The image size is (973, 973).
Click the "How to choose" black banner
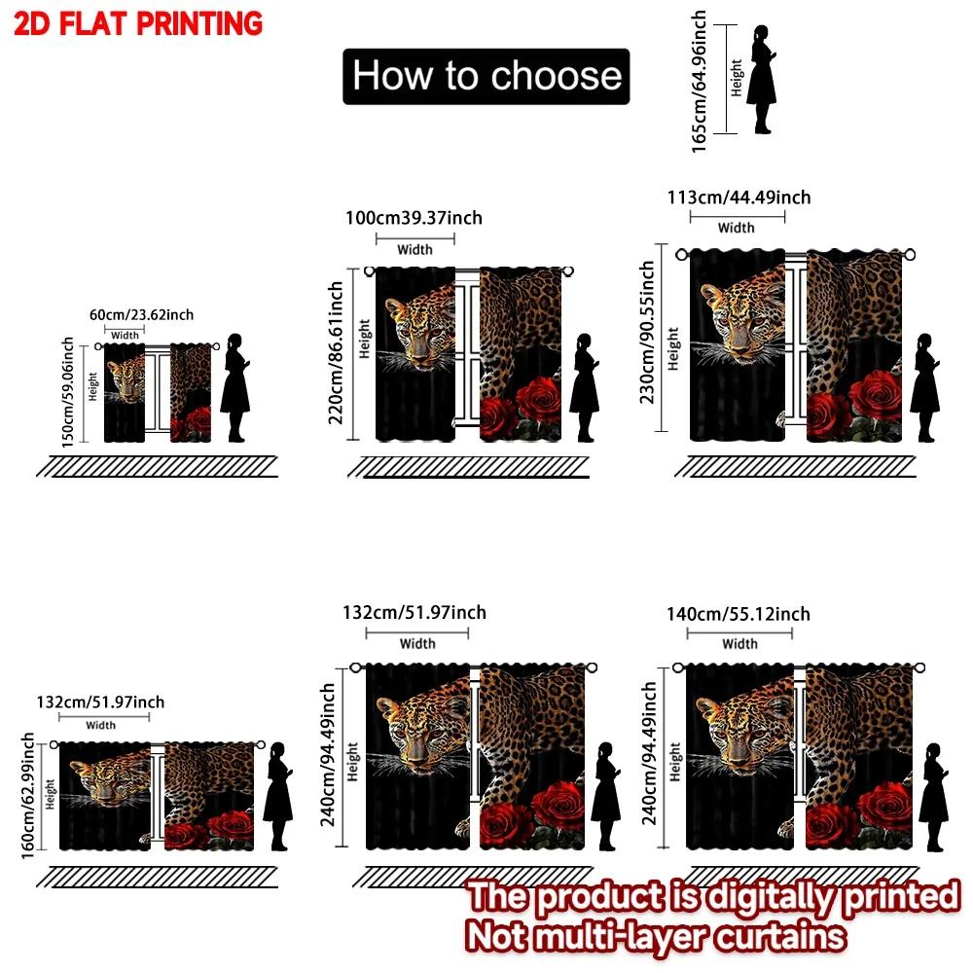pyautogui.click(x=486, y=76)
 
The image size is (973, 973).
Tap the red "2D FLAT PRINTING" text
pyautogui.click(x=138, y=23)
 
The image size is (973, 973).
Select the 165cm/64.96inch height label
pyautogui.click(x=699, y=82)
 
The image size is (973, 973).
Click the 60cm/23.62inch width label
pyautogui.click(x=141, y=314)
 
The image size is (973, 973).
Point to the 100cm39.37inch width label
pyautogui.click(x=414, y=218)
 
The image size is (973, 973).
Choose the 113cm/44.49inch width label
pyautogui.click(x=739, y=198)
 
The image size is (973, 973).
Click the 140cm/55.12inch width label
pyautogui.click(x=739, y=614)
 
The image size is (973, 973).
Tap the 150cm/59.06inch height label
pyautogui.click(x=68, y=391)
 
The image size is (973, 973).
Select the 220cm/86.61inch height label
pyautogui.click(x=335, y=352)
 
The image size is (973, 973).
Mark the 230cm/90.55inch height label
pyautogui.click(x=647, y=332)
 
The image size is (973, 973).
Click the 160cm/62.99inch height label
pyautogui.click(x=27, y=796)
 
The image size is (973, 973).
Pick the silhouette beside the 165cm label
pyautogui.click(x=762, y=80)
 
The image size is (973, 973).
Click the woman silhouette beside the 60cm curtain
pyautogui.click(x=235, y=388)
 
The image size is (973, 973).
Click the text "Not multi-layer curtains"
pyautogui.click(x=656, y=936)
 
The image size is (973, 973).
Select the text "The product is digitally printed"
pyautogui.click(x=713, y=897)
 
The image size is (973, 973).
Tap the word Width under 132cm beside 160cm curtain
pyautogui.click(x=100, y=726)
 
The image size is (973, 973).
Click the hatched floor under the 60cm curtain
pyautogui.click(x=157, y=467)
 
